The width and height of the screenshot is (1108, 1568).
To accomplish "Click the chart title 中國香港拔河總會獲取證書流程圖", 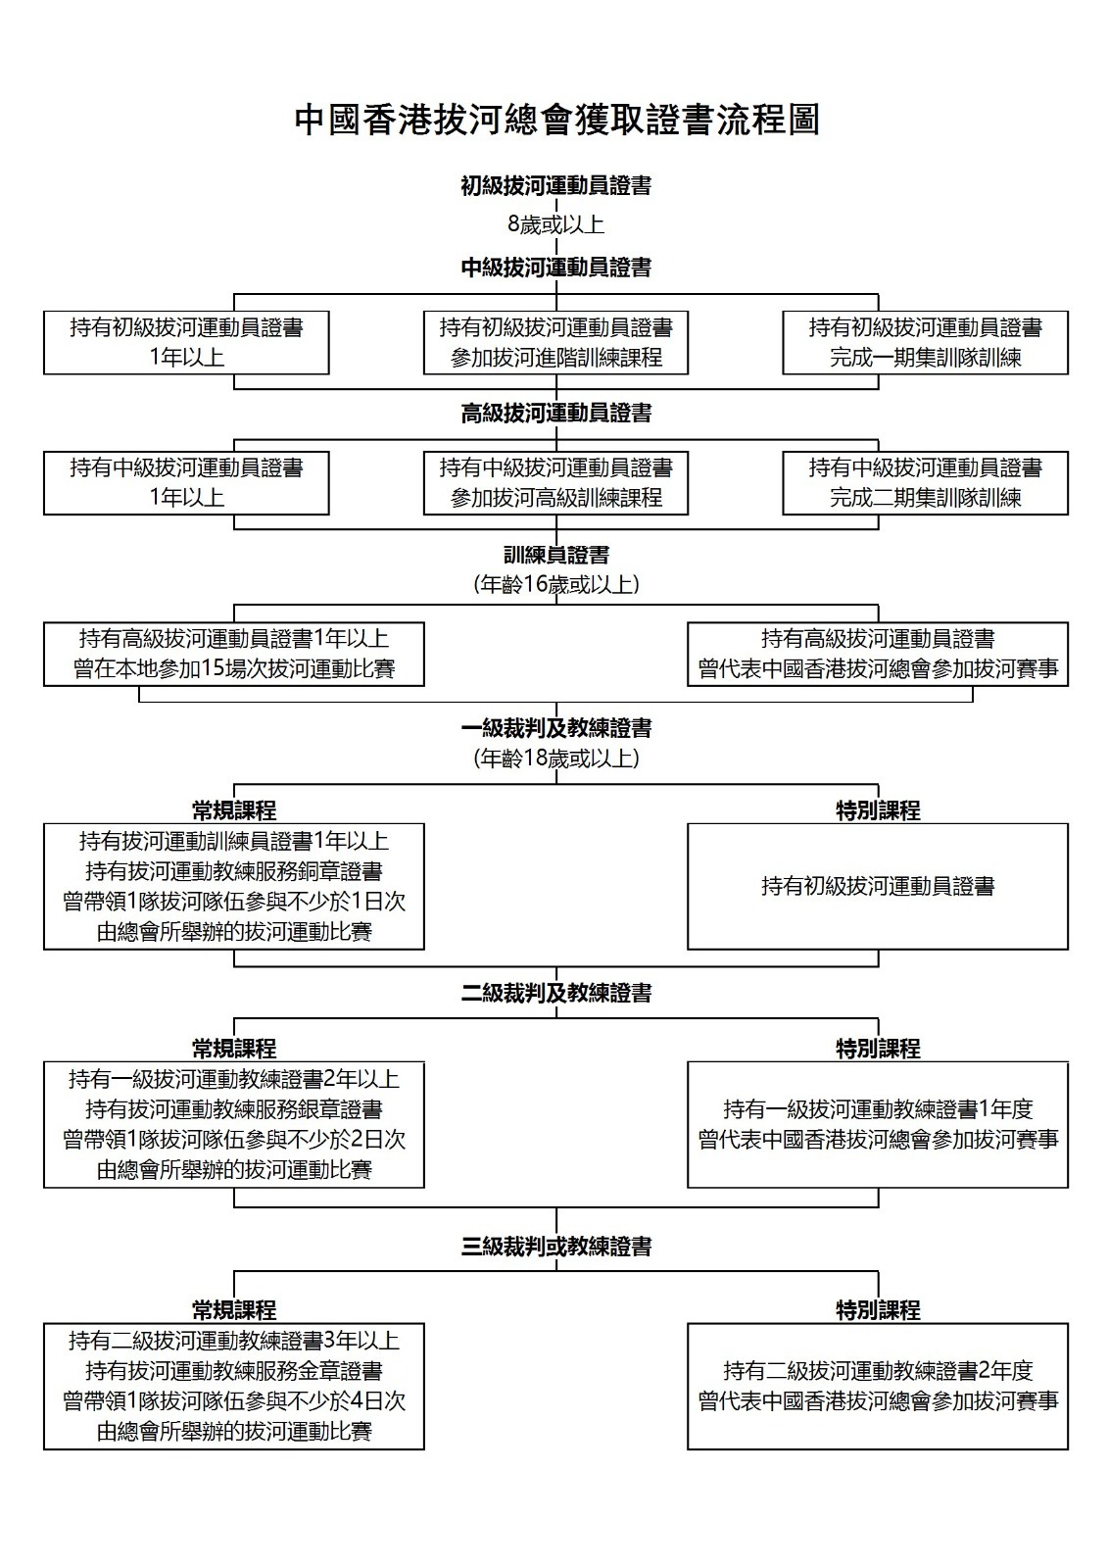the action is (556, 120).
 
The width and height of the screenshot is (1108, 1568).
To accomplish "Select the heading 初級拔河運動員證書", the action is (556, 185).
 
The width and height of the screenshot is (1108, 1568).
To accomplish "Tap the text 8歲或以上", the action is (556, 224).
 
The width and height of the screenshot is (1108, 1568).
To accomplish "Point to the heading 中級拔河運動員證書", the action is (556, 267).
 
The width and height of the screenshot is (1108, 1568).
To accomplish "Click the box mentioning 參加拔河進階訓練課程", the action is (555, 343).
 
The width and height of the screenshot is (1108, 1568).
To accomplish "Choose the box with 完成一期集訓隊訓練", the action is (926, 343).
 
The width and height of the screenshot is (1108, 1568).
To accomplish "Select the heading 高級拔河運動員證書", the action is (556, 413).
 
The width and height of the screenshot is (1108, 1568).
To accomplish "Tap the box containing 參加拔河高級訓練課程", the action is (555, 483).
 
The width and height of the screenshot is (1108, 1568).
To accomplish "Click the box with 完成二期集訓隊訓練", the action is (926, 483).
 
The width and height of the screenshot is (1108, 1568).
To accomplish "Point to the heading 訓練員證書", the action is (556, 555).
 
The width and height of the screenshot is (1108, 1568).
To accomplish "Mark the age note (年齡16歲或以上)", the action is (556, 584).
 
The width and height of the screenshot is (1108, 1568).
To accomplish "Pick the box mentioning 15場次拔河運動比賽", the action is (234, 654).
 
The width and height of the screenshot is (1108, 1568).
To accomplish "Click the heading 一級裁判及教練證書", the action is (556, 729).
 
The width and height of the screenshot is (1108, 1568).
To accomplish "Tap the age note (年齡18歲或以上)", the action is (556, 759).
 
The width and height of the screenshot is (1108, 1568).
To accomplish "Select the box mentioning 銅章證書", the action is (234, 886).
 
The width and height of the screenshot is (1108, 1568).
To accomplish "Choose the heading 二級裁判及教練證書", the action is (556, 993).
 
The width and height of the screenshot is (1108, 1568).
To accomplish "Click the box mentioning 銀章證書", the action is (234, 1125).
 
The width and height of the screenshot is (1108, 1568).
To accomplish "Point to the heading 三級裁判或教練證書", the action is (556, 1247).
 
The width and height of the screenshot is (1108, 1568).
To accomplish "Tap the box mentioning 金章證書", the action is (234, 1386).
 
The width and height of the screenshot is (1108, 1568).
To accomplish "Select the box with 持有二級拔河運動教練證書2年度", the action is (878, 1386).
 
